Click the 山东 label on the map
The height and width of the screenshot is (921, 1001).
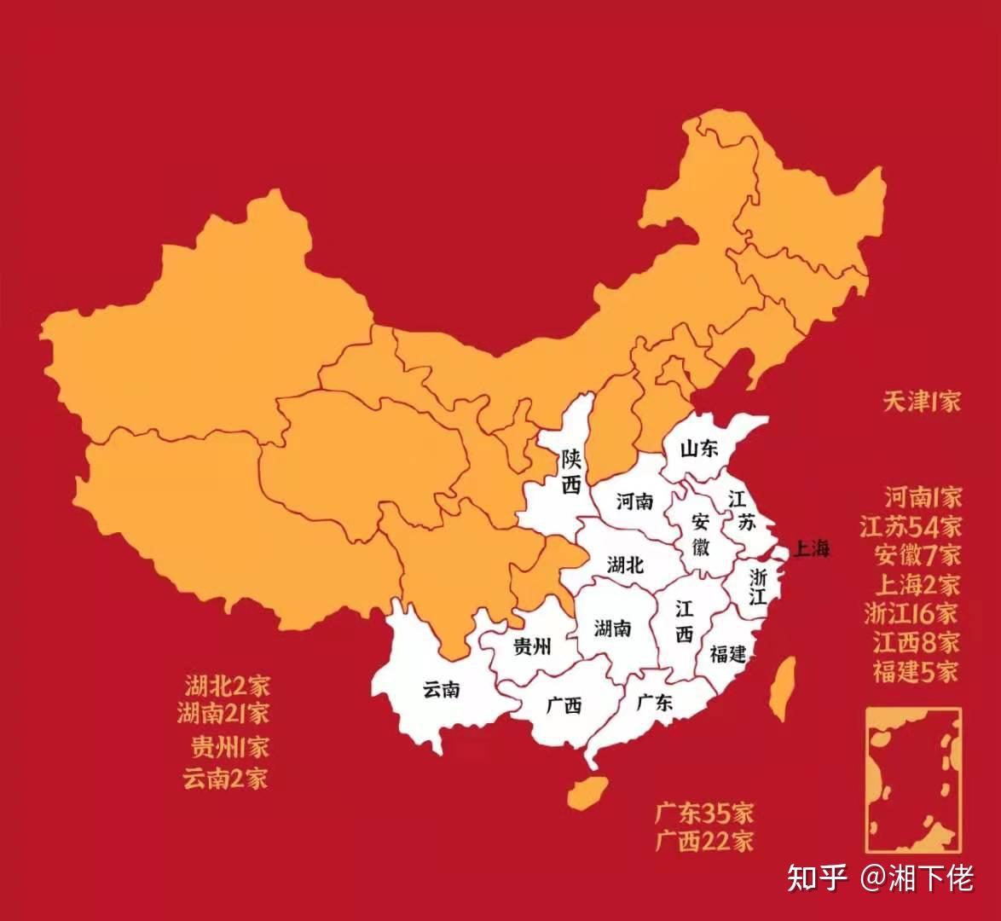coord(698,449)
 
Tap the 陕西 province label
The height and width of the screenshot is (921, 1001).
coord(570,472)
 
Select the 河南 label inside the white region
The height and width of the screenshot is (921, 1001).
coord(634,501)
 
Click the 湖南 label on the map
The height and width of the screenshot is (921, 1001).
coord(612,628)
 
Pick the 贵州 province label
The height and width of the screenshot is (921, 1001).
coord(531,646)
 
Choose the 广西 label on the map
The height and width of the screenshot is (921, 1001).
coord(564,705)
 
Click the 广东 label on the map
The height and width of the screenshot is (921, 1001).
coord(655,702)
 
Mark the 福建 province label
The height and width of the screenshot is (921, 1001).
coord(727,654)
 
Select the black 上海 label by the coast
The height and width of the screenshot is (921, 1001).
coord(811,549)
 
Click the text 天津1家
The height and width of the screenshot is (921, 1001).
coord(921,401)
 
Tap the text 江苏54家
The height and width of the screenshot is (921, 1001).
coord(910,526)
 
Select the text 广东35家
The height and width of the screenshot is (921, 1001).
coord(704,812)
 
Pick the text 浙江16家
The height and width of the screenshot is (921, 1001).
coord(910,613)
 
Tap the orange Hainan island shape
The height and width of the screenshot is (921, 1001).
coord(587,792)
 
